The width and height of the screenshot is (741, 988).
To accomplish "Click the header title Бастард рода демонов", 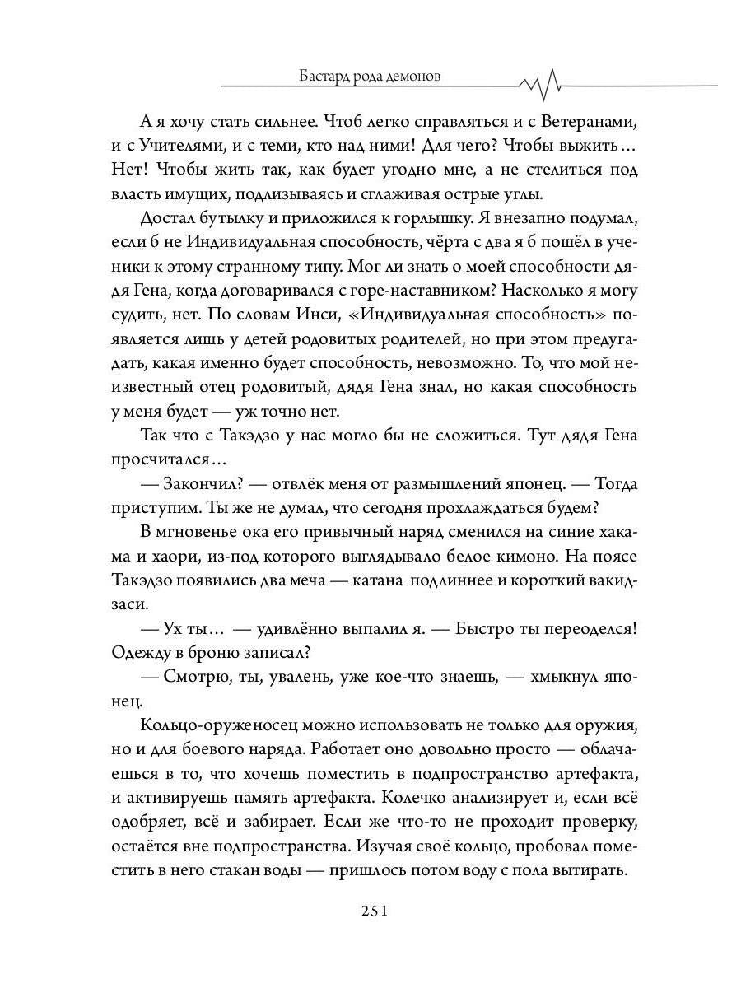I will point(370,76).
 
